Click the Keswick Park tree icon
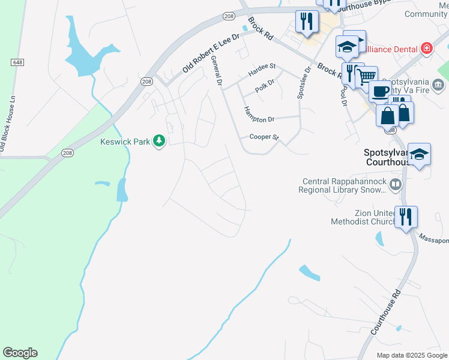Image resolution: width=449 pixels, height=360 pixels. tap(159, 141)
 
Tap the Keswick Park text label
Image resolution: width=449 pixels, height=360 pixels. tap(125, 142)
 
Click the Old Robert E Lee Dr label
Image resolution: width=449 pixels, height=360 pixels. tap(211, 52)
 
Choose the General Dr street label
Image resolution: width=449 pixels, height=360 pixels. tap(217, 71)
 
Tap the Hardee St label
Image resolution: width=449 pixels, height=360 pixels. tap(262, 66)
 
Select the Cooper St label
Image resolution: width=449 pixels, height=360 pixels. tap(264, 137)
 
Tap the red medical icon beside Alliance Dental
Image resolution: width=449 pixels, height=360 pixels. tap(427, 48)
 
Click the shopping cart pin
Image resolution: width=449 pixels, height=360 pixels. tap(366, 76)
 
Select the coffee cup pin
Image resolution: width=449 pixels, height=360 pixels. tap(380, 91)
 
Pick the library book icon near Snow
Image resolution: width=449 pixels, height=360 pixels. tap(395, 185)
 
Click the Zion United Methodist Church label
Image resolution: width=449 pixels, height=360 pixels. tap(363, 217)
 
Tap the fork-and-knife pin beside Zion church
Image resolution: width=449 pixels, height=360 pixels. tap(406, 217)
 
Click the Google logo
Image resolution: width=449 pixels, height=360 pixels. tap(20, 353)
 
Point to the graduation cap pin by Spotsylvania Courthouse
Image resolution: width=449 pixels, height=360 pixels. tap(419, 154)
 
